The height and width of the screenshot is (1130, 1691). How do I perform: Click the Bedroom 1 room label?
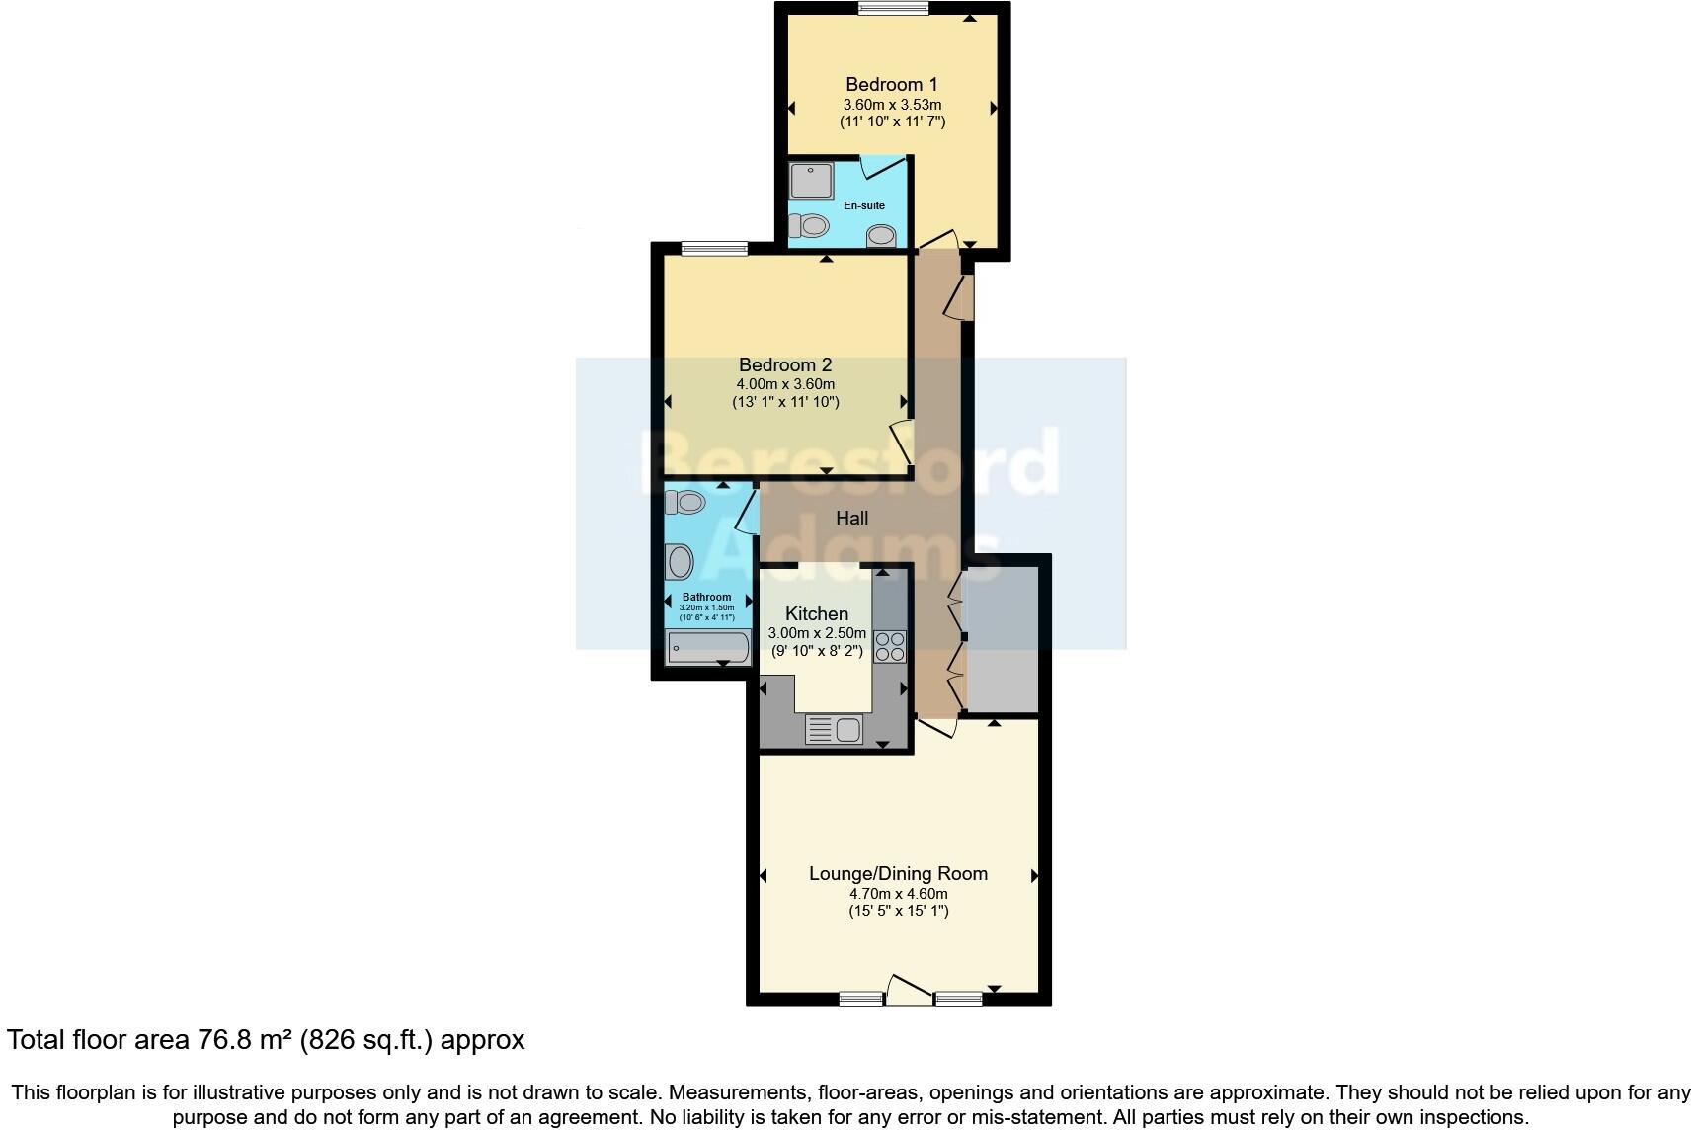[x=892, y=85]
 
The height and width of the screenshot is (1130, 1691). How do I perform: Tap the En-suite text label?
[x=863, y=205]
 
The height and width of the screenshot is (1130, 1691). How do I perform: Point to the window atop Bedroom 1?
[x=893, y=9]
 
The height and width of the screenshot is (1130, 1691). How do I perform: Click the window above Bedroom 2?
[x=712, y=249]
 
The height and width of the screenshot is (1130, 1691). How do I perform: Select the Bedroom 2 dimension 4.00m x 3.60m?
[x=785, y=384]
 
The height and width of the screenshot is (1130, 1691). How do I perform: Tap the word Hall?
[x=851, y=518]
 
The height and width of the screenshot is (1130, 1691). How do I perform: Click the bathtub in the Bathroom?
[x=708, y=648]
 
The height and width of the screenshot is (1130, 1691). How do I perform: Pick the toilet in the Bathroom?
[x=684, y=502]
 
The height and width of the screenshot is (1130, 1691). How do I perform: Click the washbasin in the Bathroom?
[x=680, y=564]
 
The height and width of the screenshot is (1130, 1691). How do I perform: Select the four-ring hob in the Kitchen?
[x=889, y=645]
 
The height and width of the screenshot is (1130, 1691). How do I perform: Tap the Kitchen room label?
[x=817, y=613]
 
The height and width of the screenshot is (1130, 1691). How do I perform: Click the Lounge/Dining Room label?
[x=898, y=873]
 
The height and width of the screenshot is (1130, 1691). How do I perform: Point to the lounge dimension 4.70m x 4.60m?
[x=898, y=893]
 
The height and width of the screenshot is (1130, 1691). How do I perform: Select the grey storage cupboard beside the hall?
[x=1001, y=639]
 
